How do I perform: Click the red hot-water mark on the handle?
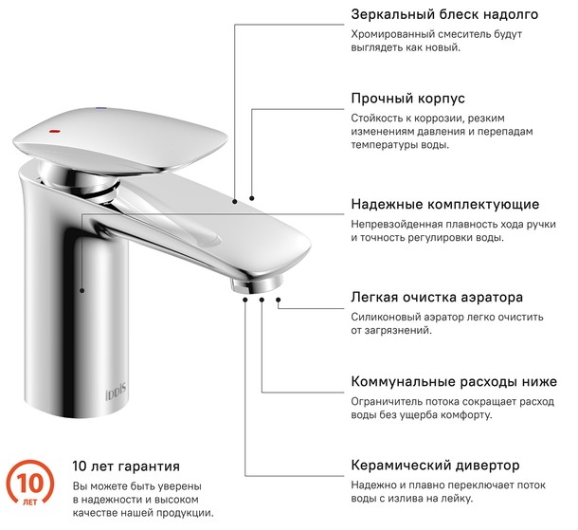[x=55, y=131]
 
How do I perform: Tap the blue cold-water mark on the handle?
[x=100, y=108]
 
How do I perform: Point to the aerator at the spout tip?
[x=256, y=284]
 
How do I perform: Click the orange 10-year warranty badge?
[x=30, y=484]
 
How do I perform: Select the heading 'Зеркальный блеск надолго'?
[x=444, y=14]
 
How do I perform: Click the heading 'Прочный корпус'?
[x=407, y=99]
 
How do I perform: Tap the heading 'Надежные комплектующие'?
[x=445, y=204]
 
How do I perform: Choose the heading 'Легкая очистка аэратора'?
[x=437, y=297]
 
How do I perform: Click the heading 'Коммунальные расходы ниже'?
[x=454, y=381]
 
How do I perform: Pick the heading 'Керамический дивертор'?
[x=435, y=466]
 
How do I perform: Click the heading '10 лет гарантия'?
[x=126, y=466]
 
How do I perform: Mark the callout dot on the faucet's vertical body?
[x=82, y=291]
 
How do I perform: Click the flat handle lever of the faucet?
[x=119, y=140]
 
